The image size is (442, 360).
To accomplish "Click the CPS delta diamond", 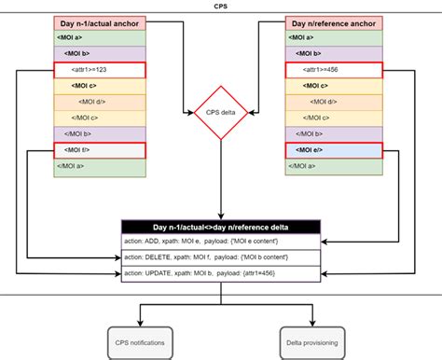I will (x=221, y=113).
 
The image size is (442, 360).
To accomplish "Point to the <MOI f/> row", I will (x=101, y=150).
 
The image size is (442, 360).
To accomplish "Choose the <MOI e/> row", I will (x=334, y=150).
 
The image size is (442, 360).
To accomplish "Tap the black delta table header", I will (x=221, y=226).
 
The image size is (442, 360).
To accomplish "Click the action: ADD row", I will (x=221, y=241).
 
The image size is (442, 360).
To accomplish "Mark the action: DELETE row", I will (x=221, y=256).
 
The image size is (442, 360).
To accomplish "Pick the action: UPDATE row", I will (x=221, y=272).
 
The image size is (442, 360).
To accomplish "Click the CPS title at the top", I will (x=221, y=5).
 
